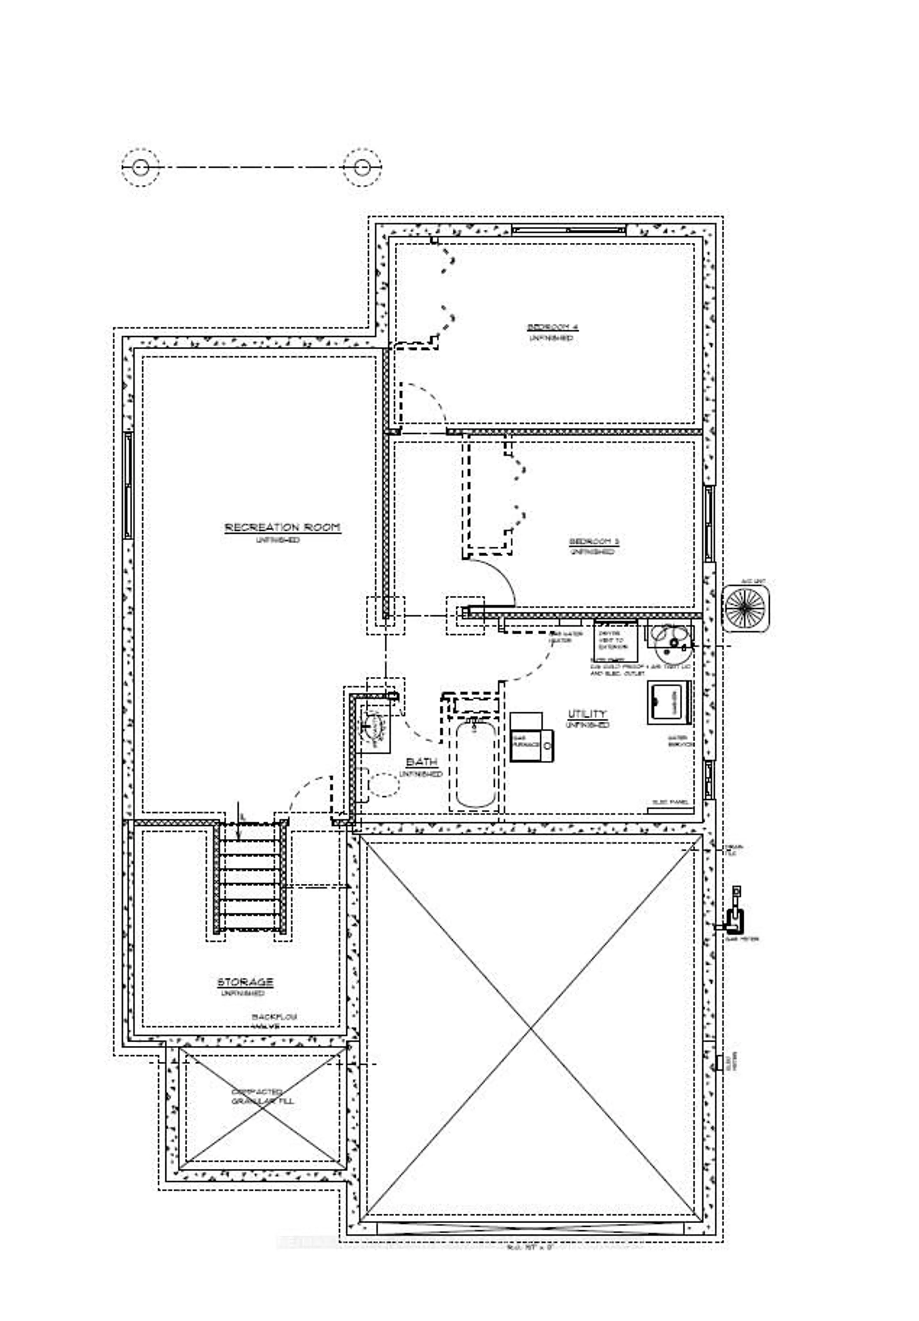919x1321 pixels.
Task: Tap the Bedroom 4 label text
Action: tap(552, 327)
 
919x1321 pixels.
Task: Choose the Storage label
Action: tap(245, 981)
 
